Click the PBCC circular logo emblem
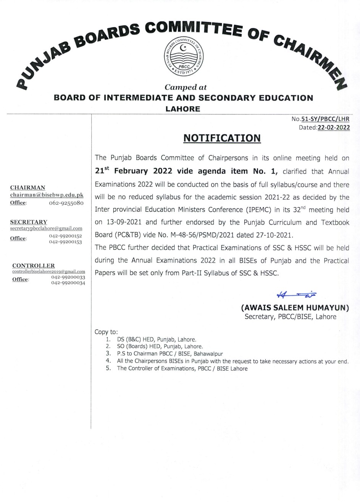(183, 57)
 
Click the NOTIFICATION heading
(222, 138)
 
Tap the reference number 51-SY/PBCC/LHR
(325, 119)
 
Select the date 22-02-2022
(333, 128)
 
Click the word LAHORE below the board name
(183, 109)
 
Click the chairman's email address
(47, 195)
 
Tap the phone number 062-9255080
(66, 203)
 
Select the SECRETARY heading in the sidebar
(29, 222)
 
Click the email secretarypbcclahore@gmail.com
(46, 228)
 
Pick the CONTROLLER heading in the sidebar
(34, 265)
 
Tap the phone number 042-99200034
(68, 283)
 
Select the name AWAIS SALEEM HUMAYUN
(295, 307)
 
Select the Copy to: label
(106, 332)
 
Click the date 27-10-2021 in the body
(272, 234)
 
